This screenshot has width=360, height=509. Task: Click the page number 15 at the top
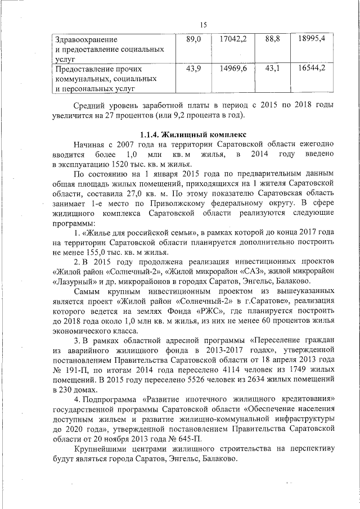204,24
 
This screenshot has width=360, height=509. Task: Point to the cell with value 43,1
272,69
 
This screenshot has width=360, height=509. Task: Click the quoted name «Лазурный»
71,281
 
